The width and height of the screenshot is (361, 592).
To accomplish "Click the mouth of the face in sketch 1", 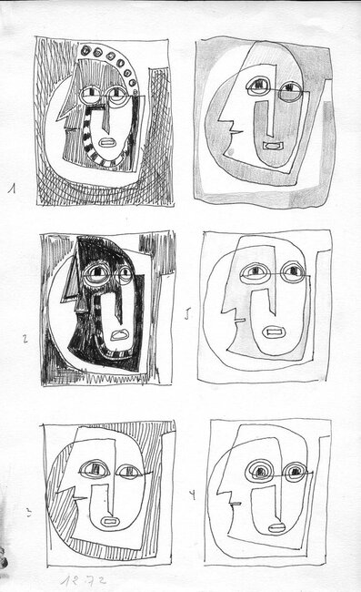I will (x=106, y=142).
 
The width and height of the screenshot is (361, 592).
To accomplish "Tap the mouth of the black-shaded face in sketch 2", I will (x=118, y=334).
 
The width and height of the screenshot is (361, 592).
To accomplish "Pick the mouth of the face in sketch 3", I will (x=110, y=521).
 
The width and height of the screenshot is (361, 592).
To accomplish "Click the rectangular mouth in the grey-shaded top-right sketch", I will (x=270, y=144).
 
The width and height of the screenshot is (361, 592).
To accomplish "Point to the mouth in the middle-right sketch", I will (x=274, y=332).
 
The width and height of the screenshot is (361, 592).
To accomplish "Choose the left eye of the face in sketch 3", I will (x=93, y=470).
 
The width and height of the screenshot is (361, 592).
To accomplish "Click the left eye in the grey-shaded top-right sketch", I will (x=257, y=88).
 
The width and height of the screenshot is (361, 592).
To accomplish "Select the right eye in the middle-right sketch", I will (x=293, y=271).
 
